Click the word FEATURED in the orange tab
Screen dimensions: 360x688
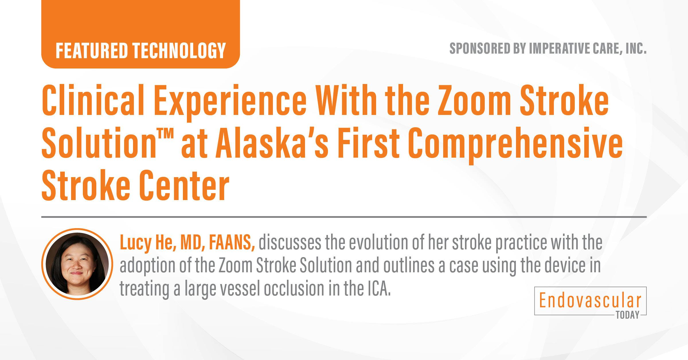(91, 51)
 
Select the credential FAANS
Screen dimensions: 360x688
(232, 243)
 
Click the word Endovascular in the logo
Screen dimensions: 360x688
(590, 300)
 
